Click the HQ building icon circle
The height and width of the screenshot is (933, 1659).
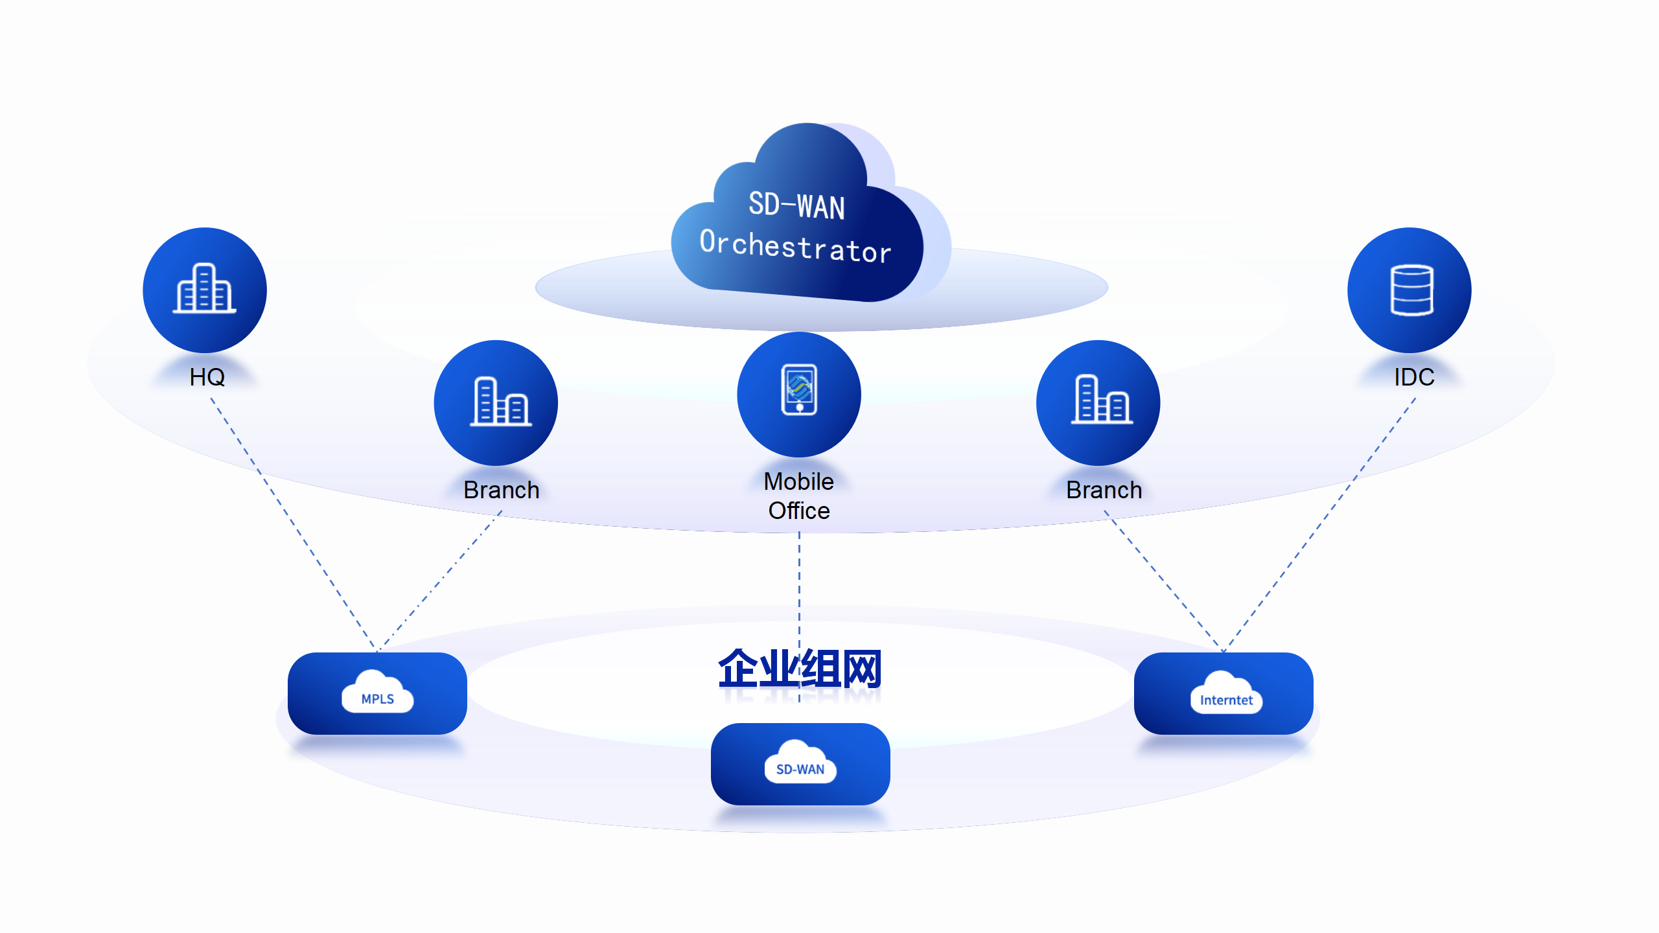tap(205, 290)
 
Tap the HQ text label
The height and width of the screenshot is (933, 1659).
tap(207, 377)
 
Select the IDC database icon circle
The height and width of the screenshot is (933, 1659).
tap(1409, 290)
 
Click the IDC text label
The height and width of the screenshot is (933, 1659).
tap(1414, 377)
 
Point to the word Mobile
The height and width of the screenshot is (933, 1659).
tap(798, 481)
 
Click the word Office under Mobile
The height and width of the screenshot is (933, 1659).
tap(799, 511)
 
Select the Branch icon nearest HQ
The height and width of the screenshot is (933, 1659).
tap(496, 402)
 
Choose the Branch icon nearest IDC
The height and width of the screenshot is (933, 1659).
tap(1098, 402)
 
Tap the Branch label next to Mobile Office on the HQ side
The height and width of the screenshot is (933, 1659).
tap(502, 490)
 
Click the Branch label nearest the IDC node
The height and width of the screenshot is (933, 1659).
tap(1104, 490)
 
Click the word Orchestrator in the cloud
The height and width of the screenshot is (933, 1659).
tap(795, 246)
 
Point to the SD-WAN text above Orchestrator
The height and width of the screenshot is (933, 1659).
tap(796, 205)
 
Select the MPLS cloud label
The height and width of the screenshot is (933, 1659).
tap(378, 697)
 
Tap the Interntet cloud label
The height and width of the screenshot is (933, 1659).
tap(1226, 698)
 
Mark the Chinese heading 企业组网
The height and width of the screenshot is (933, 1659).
tap(800, 668)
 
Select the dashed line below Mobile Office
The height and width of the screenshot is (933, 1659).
tap(800, 583)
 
